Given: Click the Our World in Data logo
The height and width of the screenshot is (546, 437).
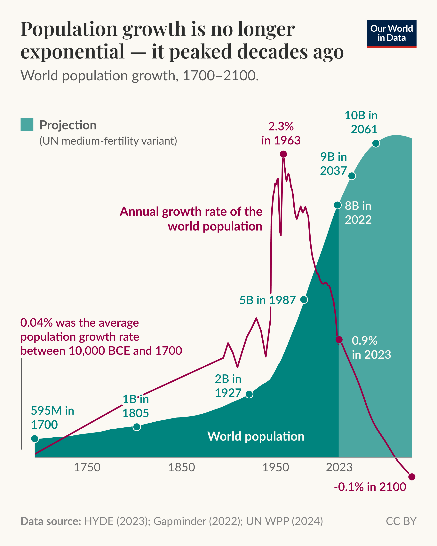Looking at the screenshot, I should click(391, 34).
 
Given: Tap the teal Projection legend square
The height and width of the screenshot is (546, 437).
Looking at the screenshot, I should click(27, 124).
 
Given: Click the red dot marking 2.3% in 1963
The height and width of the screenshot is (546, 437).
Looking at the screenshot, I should click(283, 154).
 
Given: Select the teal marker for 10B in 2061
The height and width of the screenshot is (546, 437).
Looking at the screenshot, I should click(376, 143).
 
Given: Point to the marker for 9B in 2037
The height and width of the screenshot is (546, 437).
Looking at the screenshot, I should click(352, 176).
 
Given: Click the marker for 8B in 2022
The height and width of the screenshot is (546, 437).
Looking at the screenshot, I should click(338, 205).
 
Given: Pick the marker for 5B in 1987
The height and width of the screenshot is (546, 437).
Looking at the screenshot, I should click(304, 300).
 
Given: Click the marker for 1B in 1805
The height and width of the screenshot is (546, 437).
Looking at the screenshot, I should click(137, 427).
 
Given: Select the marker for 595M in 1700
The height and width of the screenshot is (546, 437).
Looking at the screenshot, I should click(35, 439).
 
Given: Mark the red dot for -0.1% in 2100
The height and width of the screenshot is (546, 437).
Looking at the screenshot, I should click(412, 477).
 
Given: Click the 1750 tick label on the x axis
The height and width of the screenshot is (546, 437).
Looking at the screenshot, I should click(87, 467).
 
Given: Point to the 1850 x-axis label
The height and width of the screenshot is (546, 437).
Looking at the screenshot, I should click(182, 467).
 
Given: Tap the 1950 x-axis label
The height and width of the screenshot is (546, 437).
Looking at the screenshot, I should click(276, 467).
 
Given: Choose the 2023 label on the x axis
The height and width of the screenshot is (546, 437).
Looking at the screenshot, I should click(339, 467).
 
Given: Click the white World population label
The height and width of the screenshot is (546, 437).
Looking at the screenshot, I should click(256, 436).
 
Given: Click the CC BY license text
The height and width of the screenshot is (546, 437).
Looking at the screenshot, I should click(401, 521).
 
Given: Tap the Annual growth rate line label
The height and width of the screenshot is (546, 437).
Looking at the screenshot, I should click(191, 219).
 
